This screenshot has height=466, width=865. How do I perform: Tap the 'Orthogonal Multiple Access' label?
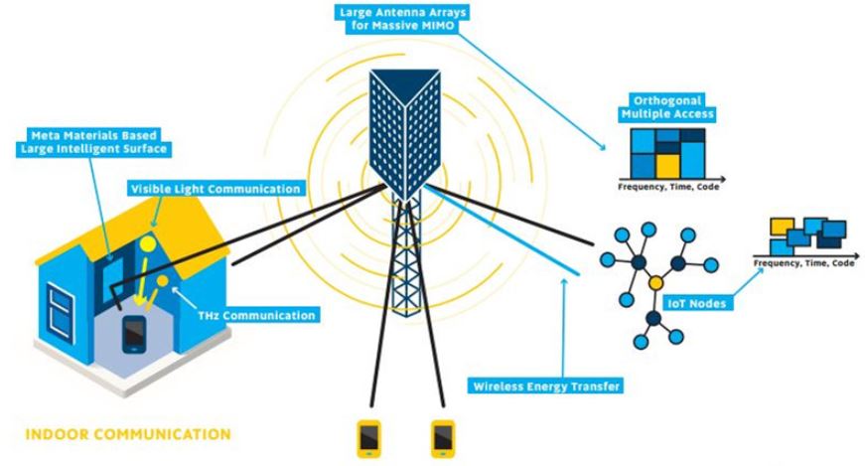click(668, 106)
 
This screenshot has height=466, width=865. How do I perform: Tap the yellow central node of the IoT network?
click(655, 286)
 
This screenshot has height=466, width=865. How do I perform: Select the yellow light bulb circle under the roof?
click(146, 241)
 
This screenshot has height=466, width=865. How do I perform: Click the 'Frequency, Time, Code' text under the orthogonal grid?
click(663, 186)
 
